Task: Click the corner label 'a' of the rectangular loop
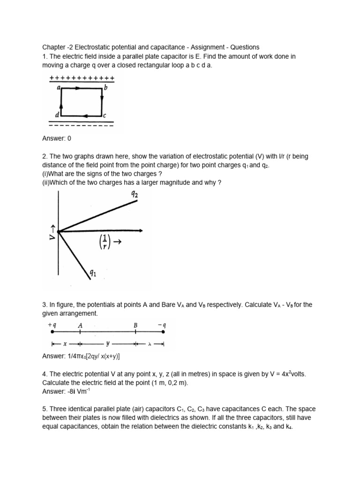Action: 59,87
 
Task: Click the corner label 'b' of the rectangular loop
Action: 106,87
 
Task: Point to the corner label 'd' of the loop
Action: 57,115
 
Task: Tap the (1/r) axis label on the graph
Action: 105,242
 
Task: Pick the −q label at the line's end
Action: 161,324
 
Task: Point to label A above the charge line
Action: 80,324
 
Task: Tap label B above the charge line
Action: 135,324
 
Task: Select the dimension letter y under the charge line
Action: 107,344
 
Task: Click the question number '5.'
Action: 45,409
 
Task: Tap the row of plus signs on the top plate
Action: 82,77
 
